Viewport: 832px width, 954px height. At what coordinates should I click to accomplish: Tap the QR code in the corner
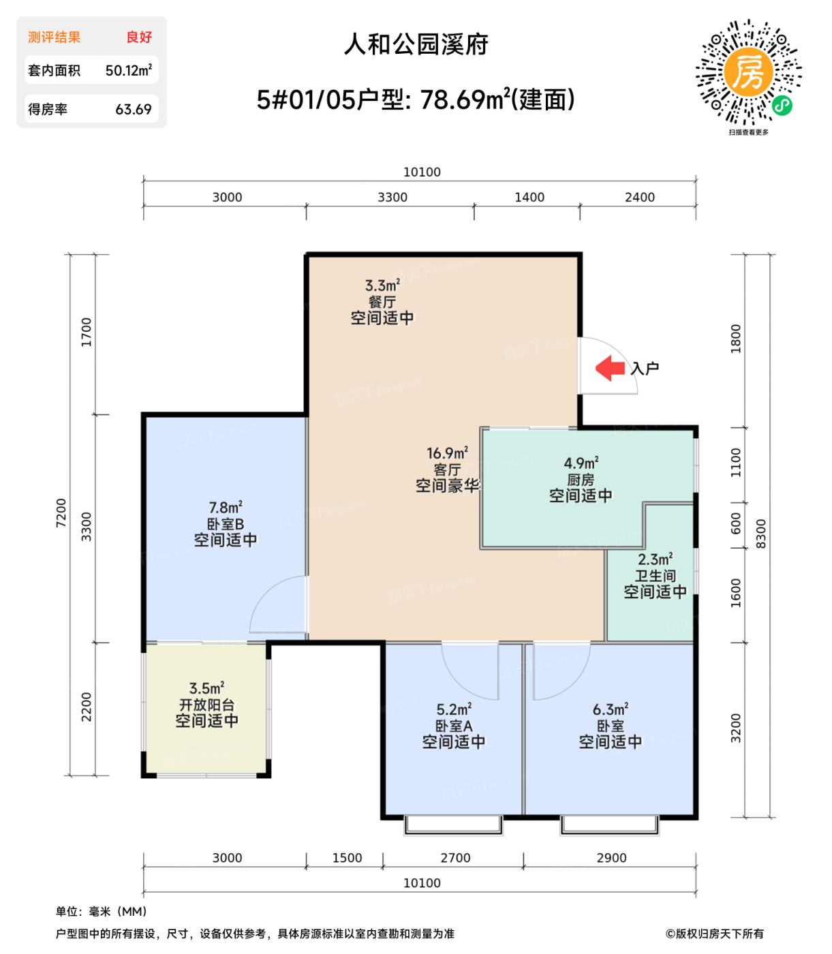click(748, 73)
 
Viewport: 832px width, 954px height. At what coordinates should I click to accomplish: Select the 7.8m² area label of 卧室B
click(226, 508)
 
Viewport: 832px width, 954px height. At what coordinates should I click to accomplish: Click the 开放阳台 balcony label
click(207, 705)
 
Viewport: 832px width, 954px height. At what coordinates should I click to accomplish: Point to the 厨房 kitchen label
click(581, 480)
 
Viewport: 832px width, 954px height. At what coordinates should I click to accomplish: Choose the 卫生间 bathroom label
click(655, 576)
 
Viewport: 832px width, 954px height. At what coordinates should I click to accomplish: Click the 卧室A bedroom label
click(454, 726)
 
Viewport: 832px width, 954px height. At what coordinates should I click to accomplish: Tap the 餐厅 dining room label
click(382, 301)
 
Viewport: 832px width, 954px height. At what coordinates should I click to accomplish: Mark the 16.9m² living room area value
click(447, 453)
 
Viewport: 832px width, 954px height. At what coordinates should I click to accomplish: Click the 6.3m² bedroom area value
click(611, 709)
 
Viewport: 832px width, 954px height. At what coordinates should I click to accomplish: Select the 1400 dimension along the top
click(529, 197)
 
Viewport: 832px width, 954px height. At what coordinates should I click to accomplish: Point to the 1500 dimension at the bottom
click(347, 858)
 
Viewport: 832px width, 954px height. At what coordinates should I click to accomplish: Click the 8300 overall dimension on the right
click(761, 534)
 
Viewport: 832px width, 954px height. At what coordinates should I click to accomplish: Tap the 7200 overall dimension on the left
click(61, 512)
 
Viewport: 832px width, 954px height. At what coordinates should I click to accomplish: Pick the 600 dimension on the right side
click(736, 523)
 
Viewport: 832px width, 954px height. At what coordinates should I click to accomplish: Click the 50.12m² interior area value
click(128, 70)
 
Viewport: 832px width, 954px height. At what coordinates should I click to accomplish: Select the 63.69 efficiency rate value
click(133, 109)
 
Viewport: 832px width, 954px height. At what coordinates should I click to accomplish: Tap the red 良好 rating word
click(139, 37)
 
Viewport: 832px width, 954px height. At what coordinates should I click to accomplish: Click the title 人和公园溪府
click(416, 44)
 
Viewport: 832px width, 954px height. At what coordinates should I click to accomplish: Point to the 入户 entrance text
click(645, 369)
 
